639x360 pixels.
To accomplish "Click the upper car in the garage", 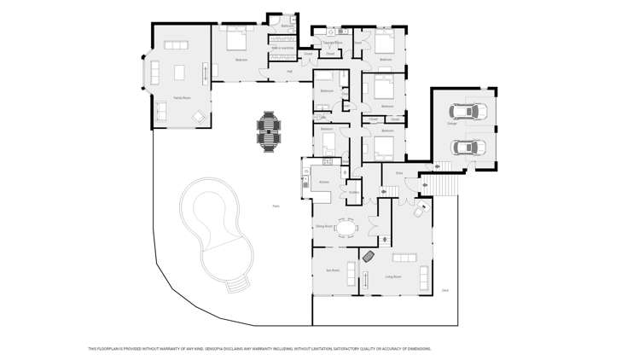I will pos(466,112).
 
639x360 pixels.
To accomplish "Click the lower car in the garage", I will pos(466,146).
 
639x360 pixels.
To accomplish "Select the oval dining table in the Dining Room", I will pos(346,228).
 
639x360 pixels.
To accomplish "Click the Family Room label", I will pos(181,98).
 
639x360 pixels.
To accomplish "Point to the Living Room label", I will pos(393,276).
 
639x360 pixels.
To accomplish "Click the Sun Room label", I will pos(333,270).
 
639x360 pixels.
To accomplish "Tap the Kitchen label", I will pos(324,183).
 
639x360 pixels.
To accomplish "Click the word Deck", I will pos(445,291).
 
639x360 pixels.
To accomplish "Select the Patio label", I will pos(276,206).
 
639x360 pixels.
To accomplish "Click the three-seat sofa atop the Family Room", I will pos(177,44).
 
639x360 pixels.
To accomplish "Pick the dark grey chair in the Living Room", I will pos(369,256).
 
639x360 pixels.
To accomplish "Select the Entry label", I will pos(398,173).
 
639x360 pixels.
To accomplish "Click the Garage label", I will pos(451,124).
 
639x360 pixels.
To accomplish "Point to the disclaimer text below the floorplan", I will pos(259,349).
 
